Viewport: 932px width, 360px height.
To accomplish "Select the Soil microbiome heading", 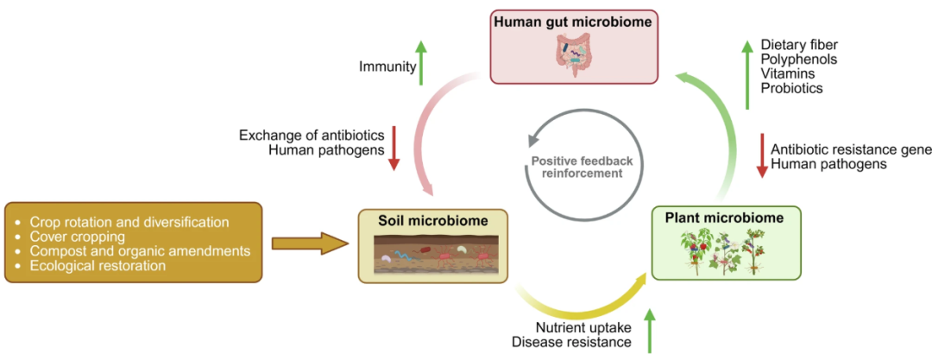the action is tap(432, 221).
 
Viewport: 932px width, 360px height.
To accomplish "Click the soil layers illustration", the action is tap(432, 254).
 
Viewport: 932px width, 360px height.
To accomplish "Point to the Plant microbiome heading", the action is tap(726, 218).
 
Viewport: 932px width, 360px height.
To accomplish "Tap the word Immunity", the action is tap(387, 66).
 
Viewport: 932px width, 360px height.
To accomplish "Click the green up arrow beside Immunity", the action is tap(421, 62).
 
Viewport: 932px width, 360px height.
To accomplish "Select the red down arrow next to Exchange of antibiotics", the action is tap(394, 148).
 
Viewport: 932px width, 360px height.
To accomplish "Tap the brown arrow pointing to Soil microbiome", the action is tap(310, 243).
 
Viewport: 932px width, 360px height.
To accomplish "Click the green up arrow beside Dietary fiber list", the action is tap(746, 75).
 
